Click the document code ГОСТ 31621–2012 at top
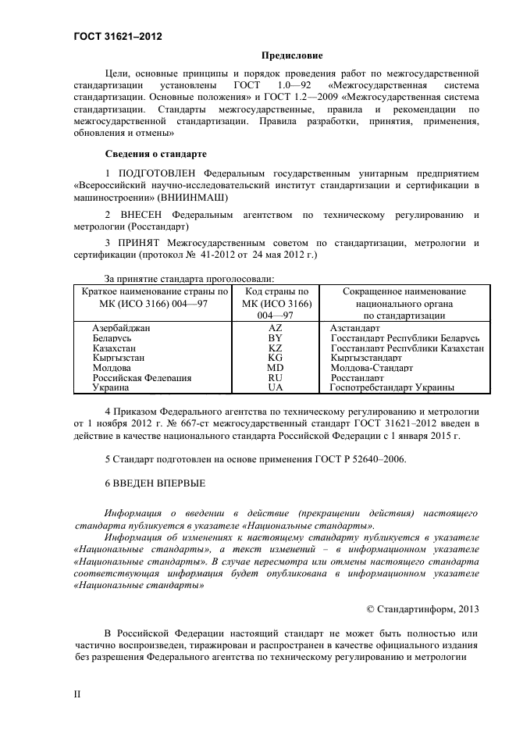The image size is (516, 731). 118,36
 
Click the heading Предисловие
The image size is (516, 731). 286,55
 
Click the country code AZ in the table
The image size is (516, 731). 275,329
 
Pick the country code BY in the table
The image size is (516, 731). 275,338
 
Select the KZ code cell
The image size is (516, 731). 275,348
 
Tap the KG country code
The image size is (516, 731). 275,358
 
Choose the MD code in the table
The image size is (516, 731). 275,367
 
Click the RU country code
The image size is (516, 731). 275,377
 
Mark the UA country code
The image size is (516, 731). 275,387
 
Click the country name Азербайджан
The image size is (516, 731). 121,329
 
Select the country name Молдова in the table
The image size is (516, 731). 112,367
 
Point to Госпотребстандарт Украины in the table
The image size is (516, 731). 392,387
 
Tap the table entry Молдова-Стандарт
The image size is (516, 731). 372,367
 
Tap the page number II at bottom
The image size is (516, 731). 77,692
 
